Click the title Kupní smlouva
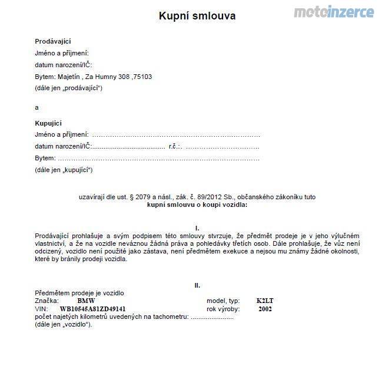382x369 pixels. pos(197,16)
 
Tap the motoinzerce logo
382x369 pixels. pos(333,12)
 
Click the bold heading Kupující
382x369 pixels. pos(48,123)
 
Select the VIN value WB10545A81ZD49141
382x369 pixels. pos(93,308)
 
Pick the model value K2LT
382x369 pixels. pos(265,301)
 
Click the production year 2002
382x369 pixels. pos(265,308)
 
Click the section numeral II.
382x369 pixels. pos(197,285)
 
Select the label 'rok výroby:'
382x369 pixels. pos(222,308)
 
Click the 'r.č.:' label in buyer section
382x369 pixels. pos(175,146)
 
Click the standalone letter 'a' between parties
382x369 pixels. pos(36,107)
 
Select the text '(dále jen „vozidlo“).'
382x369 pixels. pos(64,324)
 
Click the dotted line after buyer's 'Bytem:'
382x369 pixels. pos(159,158)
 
